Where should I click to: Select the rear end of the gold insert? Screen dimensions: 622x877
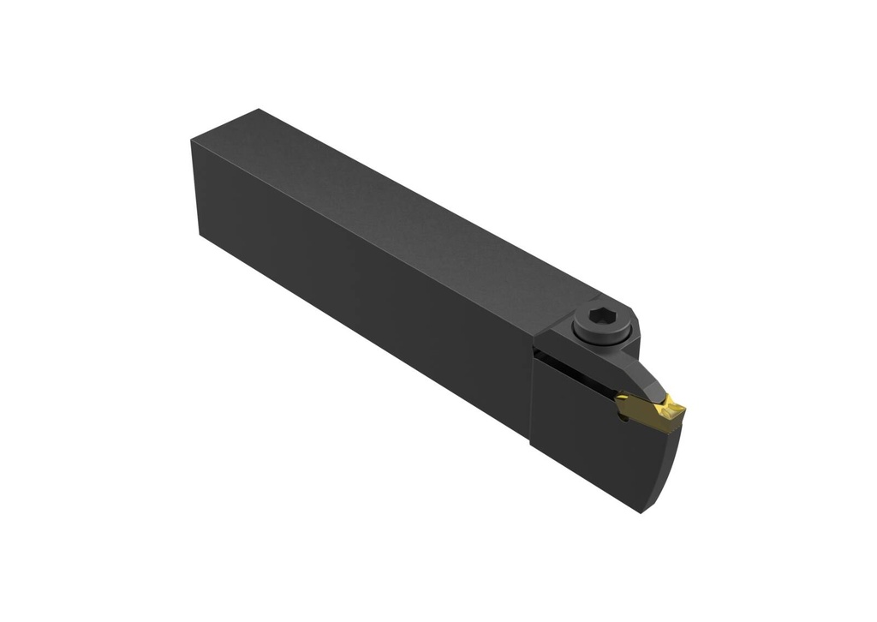(620, 402)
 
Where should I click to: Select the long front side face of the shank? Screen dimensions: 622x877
(360, 291)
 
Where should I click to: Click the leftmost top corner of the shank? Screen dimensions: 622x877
(192, 141)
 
